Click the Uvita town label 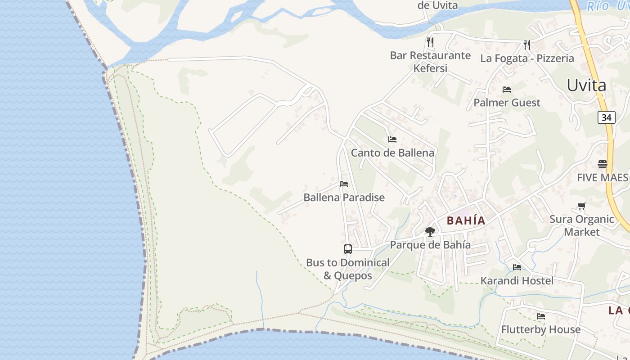coord(586,85)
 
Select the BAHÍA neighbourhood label coord(466,220)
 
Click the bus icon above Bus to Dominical coord(348,249)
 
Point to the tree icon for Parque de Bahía coord(430,232)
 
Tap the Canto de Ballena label coord(392,153)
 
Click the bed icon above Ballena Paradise coord(344,184)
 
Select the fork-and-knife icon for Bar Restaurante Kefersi coord(430,42)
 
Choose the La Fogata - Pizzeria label coord(527,58)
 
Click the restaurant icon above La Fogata coord(526,45)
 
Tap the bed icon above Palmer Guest coord(507,90)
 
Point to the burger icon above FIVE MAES coord(603,164)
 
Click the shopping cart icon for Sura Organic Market coord(582,206)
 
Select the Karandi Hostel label coord(517,281)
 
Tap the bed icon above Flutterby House coord(541,316)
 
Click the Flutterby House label coord(541,329)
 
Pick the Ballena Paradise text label coord(344,197)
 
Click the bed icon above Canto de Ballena coord(392,139)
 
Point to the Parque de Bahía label coord(430,245)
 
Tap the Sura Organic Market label coord(582,225)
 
